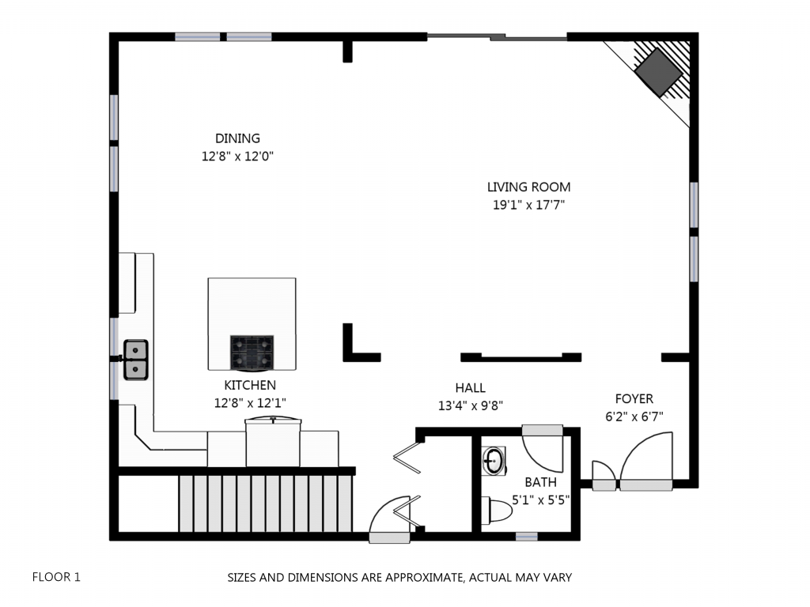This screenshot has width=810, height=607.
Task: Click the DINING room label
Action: point(237,138)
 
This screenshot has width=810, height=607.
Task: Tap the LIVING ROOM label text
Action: point(528,187)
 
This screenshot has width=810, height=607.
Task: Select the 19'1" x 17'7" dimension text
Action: point(528,205)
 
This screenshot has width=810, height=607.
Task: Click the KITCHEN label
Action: point(250,385)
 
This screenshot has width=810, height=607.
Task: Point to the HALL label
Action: point(470,387)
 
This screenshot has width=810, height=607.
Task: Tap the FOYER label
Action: point(634,398)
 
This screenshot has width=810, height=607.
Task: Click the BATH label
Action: point(540,482)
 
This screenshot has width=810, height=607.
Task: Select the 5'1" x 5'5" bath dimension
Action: point(540,500)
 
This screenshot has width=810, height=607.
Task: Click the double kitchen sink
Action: point(136,360)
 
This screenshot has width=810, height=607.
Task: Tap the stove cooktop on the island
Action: point(252,353)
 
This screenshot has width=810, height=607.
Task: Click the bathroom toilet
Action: point(497,510)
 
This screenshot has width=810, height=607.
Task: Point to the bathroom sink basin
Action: point(494,461)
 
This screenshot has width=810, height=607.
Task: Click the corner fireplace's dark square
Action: point(659,73)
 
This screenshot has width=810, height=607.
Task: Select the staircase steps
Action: point(266,503)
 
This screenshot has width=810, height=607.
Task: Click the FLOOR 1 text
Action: point(56,577)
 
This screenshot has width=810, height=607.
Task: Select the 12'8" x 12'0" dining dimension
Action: point(237,156)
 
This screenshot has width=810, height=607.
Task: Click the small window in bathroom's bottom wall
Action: point(526,537)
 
